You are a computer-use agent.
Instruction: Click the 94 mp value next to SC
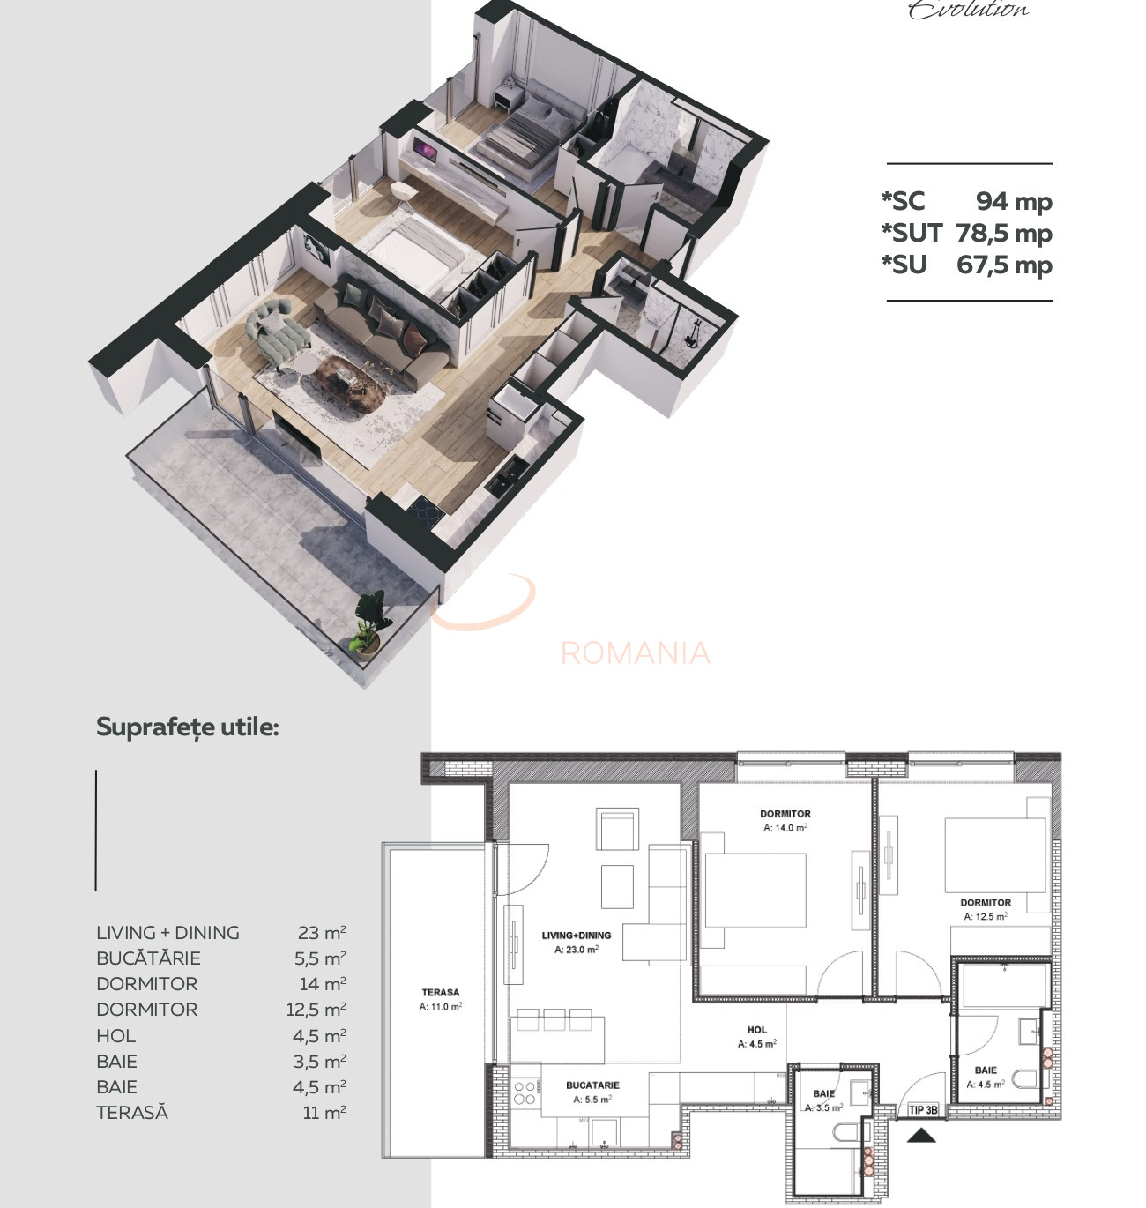(1013, 201)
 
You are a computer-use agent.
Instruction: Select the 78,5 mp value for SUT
(1004, 233)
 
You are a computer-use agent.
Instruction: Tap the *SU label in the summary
(904, 265)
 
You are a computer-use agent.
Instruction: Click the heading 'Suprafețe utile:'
(187, 727)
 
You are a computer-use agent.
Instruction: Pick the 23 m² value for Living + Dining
(322, 932)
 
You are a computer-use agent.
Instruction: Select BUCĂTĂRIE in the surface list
(148, 958)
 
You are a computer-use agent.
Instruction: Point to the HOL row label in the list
(115, 1035)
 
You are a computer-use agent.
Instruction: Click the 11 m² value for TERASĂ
(324, 1112)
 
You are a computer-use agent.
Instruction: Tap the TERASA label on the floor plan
(440, 993)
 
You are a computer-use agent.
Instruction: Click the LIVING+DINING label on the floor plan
(576, 936)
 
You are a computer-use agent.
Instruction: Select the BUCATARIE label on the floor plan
(592, 1085)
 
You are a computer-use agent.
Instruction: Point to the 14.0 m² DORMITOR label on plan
(785, 814)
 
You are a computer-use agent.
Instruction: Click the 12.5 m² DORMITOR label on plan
(986, 903)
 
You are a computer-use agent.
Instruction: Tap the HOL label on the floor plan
(756, 1030)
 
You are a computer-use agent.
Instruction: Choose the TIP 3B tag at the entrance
(923, 1110)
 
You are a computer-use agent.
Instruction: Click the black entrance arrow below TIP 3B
(922, 1135)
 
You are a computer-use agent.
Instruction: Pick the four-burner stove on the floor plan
(525, 1093)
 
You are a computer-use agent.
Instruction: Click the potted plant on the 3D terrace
(371, 622)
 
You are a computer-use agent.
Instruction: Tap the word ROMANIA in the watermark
(635, 652)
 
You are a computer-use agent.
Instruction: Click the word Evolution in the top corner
(968, 9)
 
